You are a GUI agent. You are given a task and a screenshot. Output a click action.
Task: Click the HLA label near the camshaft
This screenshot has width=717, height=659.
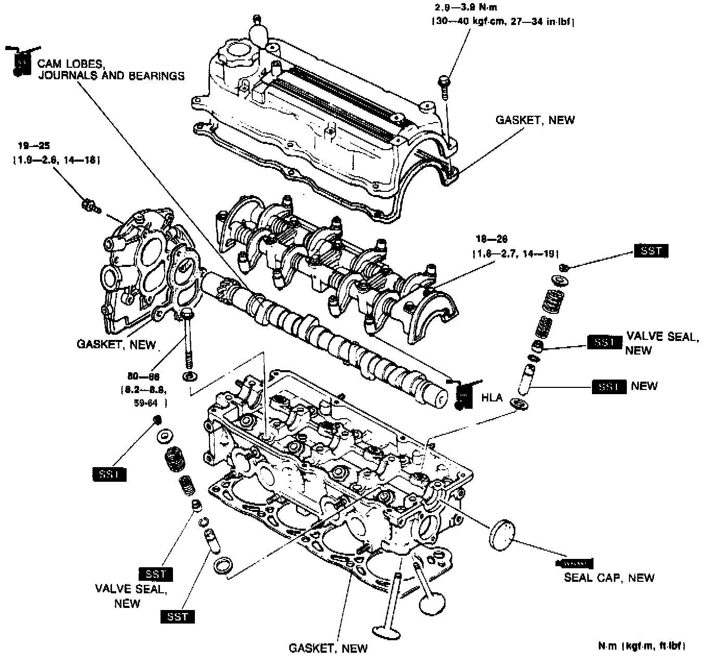point(492,398)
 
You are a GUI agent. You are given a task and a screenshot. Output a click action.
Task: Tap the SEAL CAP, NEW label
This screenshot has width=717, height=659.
point(609,578)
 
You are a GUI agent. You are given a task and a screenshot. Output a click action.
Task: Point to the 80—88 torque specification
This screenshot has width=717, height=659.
point(143,376)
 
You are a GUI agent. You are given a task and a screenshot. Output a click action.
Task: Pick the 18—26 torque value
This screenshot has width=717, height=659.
point(491,239)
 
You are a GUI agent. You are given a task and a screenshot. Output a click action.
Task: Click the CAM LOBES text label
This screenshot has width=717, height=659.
point(72,64)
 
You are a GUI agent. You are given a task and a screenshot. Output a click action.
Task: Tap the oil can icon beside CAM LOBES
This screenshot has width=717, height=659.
point(19,61)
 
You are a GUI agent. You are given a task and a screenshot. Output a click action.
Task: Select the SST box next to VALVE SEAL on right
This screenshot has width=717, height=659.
point(604,343)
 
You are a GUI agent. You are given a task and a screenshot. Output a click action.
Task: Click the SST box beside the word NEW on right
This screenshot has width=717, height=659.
point(609,387)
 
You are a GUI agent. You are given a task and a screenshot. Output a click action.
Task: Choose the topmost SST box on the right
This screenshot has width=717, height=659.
point(651,251)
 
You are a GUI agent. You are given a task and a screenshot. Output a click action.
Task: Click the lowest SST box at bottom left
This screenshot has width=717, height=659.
point(178,617)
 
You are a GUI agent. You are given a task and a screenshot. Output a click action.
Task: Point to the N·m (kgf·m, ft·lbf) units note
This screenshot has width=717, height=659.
point(641,646)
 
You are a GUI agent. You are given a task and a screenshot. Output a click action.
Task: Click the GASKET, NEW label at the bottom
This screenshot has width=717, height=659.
point(328,649)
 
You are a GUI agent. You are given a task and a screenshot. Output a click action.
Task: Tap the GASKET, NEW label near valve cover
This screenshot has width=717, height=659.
point(535,120)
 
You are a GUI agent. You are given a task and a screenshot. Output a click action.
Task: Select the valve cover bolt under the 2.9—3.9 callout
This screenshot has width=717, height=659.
point(444,87)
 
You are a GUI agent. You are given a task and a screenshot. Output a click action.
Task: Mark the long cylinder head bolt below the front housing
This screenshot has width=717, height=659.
point(188,339)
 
